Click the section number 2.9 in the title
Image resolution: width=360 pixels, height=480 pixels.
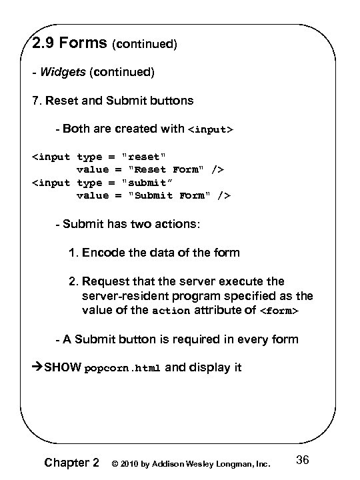pyautogui.click(x=45, y=45)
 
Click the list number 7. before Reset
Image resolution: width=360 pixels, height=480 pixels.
pyautogui.click(x=39, y=101)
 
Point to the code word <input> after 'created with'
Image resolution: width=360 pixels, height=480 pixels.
pyautogui.click(x=213, y=129)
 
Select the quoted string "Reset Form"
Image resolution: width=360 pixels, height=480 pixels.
pyautogui.click(x=162, y=170)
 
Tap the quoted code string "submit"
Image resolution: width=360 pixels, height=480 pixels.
pyautogui.click(x=149, y=183)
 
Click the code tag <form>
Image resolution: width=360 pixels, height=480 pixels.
pyautogui.click(x=278, y=311)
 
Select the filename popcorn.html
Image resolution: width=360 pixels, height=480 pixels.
pyautogui.click(x=123, y=368)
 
